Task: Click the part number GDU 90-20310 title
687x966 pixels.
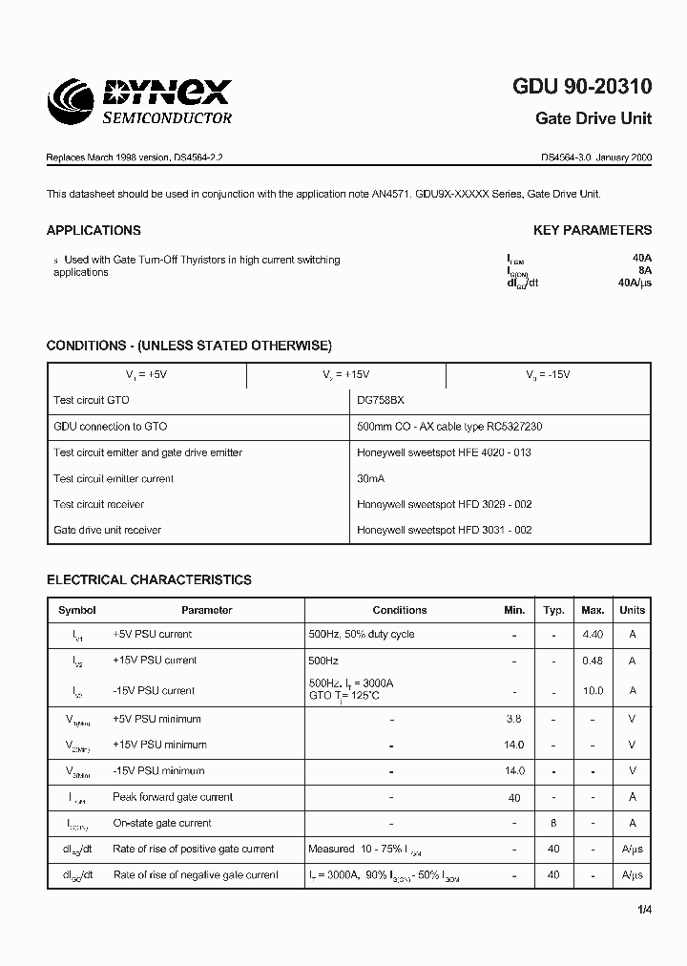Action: pyautogui.click(x=582, y=87)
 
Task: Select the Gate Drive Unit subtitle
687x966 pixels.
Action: pyautogui.click(x=593, y=118)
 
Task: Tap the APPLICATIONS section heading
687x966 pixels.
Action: pyautogui.click(x=94, y=230)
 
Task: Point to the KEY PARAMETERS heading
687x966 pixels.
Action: pyautogui.click(x=592, y=230)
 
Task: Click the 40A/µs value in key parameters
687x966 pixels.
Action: pyautogui.click(x=635, y=283)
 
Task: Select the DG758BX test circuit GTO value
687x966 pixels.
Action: pyautogui.click(x=386, y=401)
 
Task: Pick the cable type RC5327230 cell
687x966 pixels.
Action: pyautogui.click(x=449, y=427)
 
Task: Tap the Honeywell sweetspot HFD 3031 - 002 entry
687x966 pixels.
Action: pyautogui.click(x=444, y=530)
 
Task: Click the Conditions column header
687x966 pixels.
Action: pyautogui.click(x=399, y=610)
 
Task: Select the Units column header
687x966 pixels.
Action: pyautogui.click(x=632, y=610)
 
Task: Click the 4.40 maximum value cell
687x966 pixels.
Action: pyautogui.click(x=593, y=634)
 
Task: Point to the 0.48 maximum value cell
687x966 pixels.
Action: pyautogui.click(x=593, y=661)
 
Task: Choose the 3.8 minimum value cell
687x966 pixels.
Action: pyautogui.click(x=514, y=719)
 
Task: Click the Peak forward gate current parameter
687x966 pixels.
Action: pyautogui.click(x=173, y=797)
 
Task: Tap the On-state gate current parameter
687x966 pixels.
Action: pyautogui.click(x=162, y=823)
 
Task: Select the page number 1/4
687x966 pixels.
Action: pyautogui.click(x=644, y=910)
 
